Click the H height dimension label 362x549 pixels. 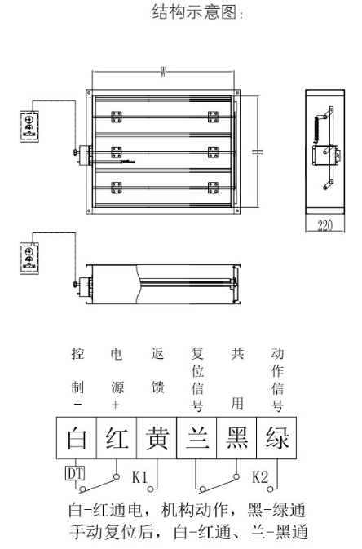tap(257, 153)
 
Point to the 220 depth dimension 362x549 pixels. tap(324, 224)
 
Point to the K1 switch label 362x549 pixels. tap(139, 476)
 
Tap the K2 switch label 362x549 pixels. tap(261, 476)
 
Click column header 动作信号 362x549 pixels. tap(277, 380)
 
